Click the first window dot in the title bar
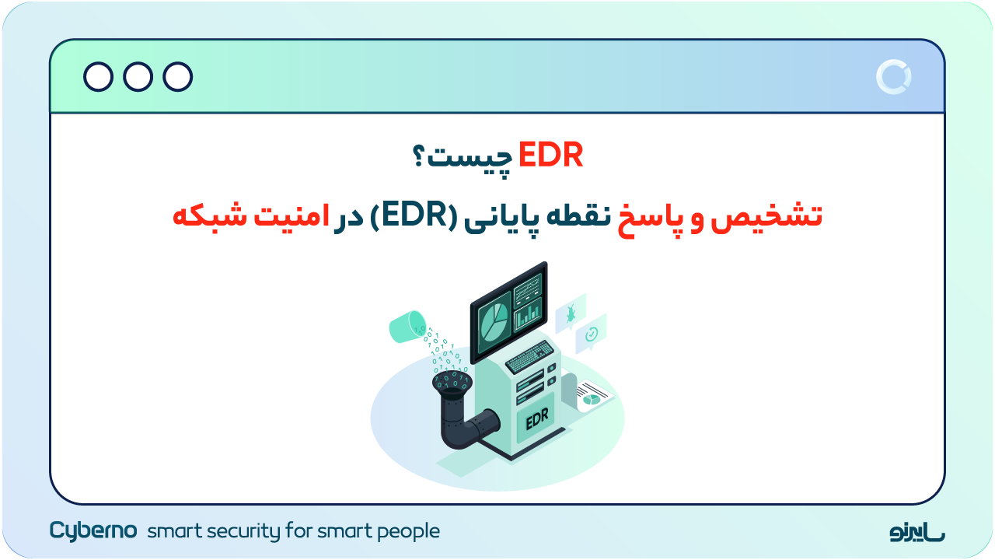point(99,77)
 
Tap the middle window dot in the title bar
point(138,77)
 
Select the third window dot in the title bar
point(178,77)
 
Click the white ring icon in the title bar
point(893,77)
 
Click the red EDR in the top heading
point(550,156)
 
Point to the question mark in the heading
point(420,157)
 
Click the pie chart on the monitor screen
point(492,321)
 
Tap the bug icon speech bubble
point(570,313)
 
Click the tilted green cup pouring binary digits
point(407,327)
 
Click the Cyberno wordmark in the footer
point(93,530)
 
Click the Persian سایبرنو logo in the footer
point(917,532)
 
